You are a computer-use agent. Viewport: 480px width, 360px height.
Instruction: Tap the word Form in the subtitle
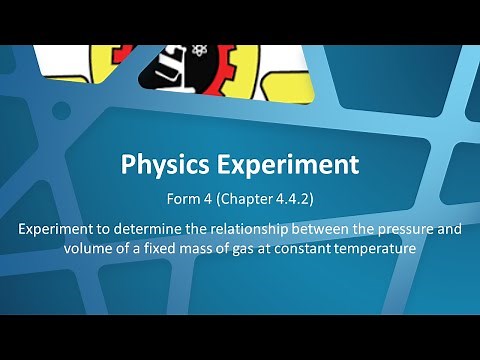coord(190,198)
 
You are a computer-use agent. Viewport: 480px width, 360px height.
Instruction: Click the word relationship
coord(236,229)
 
